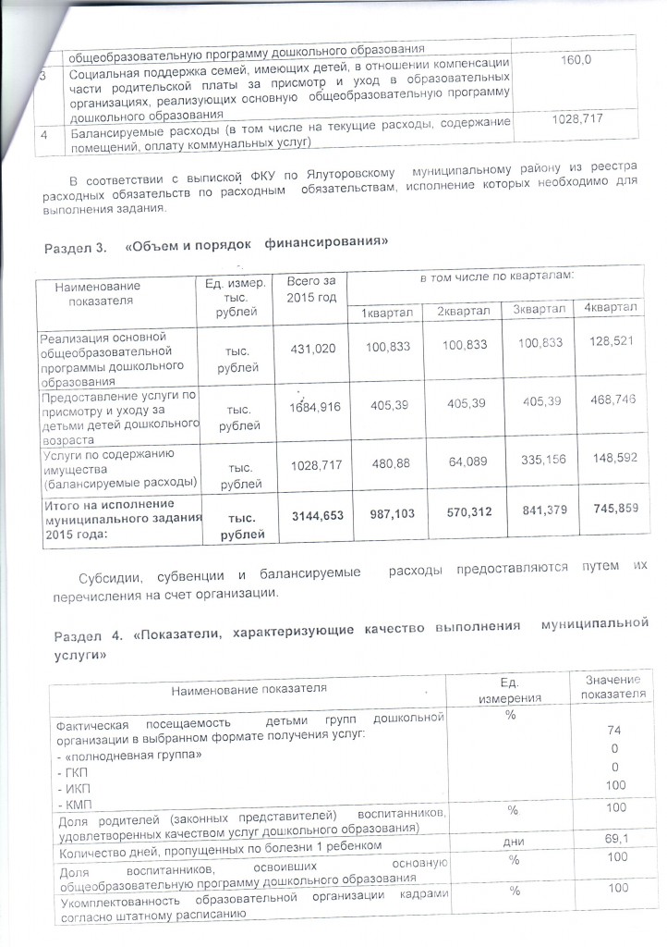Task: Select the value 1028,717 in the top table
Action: [576, 120]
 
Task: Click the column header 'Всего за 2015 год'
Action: [311, 289]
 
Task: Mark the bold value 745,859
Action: [610, 511]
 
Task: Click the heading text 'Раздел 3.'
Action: [75, 249]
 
